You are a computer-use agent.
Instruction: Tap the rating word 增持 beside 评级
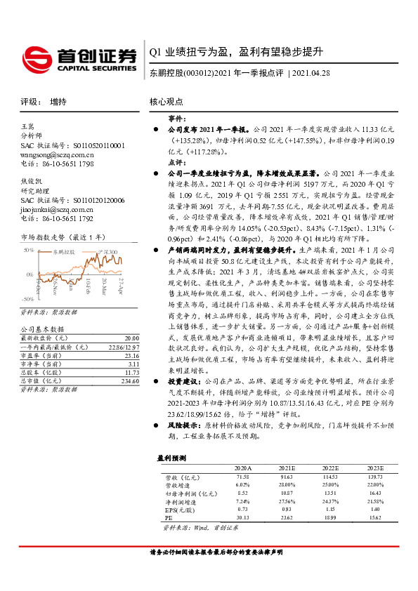tap(58, 101)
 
